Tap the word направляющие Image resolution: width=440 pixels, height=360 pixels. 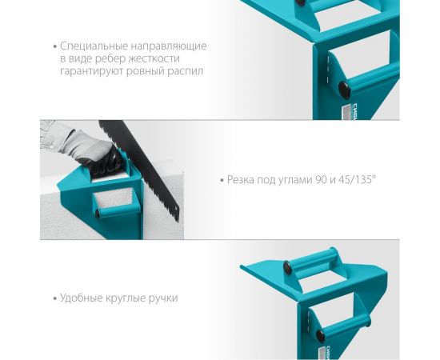(x=169, y=46)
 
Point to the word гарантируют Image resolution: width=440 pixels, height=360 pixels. (x=91, y=71)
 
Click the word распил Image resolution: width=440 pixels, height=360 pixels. (x=186, y=71)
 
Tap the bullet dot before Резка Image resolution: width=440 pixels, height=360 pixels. (x=222, y=180)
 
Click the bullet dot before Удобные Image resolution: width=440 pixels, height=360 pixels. (x=55, y=298)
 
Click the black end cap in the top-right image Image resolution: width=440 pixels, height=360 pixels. (x=344, y=90)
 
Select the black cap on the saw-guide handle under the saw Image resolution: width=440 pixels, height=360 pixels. (x=98, y=214)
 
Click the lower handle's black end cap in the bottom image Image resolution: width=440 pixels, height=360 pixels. (x=320, y=335)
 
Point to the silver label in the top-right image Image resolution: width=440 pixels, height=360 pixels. (x=346, y=112)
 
